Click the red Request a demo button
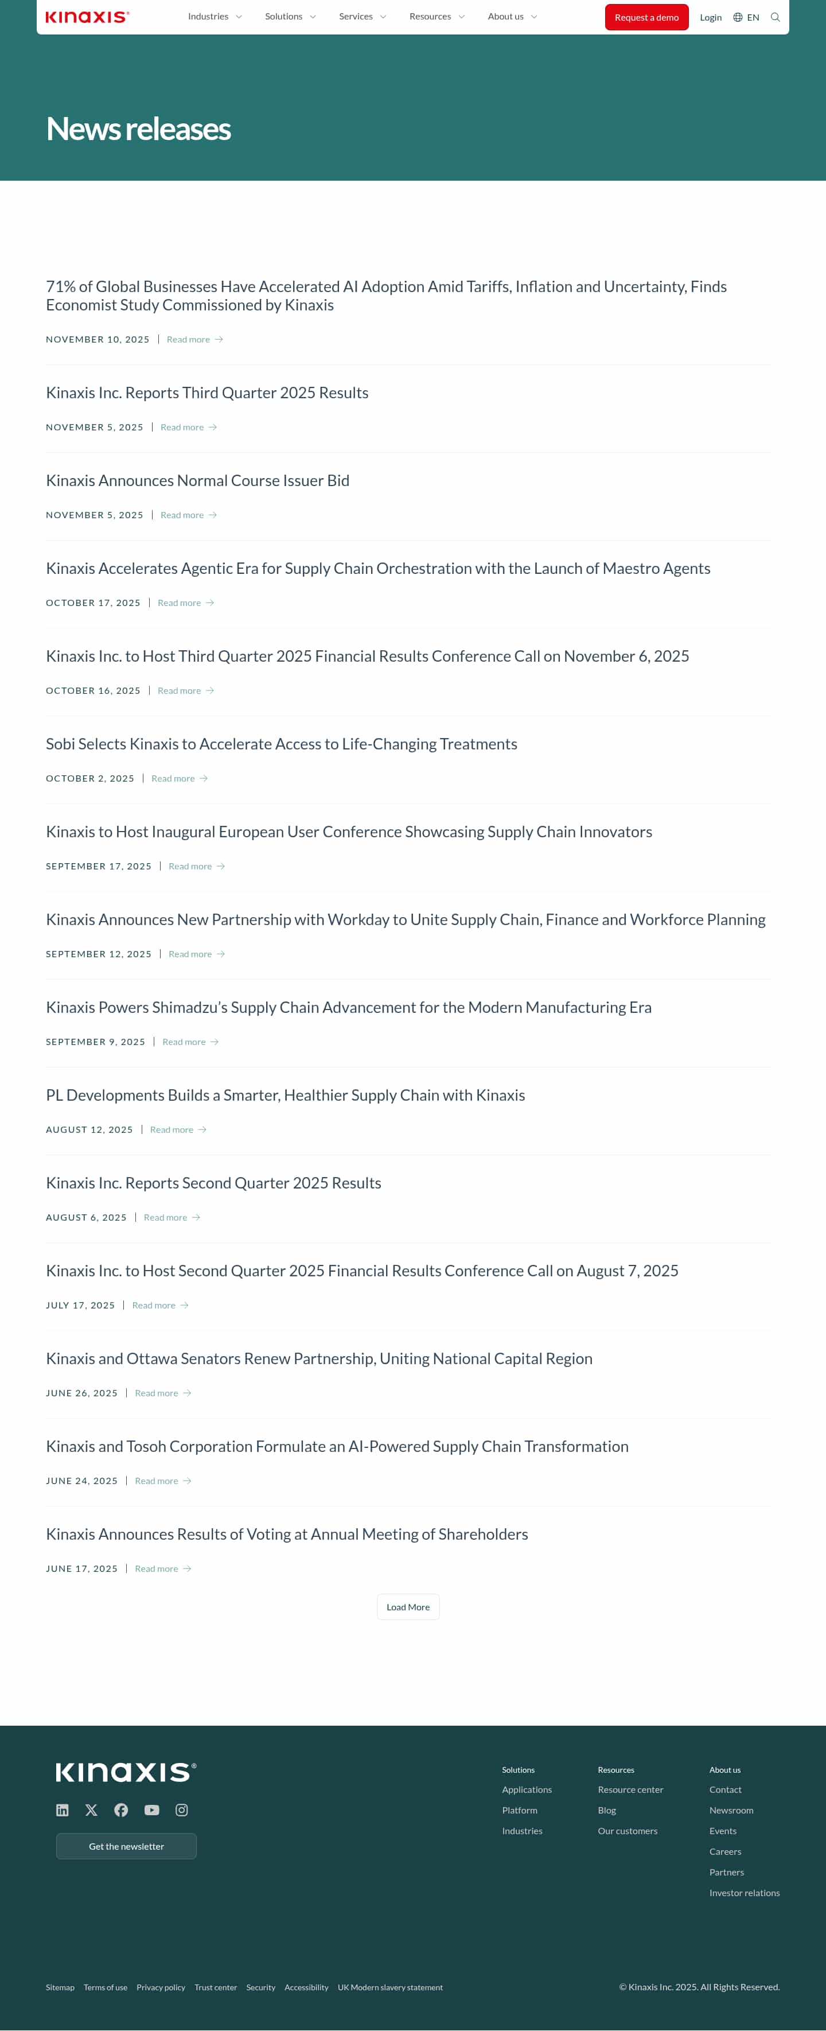[646, 17]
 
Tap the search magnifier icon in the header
[775, 17]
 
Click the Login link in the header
[710, 17]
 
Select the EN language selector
[746, 17]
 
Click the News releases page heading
[138, 129]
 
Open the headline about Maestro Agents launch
[377, 569]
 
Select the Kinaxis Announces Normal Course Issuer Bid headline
[197, 481]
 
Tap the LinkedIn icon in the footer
[63, 1810]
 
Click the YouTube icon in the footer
[151, 1810]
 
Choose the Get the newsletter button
[126, 1847]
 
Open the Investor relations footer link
[744, 1893]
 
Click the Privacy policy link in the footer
[161, 1987]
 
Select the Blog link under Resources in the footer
[607, 1810]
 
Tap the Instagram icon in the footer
[181, 1810]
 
